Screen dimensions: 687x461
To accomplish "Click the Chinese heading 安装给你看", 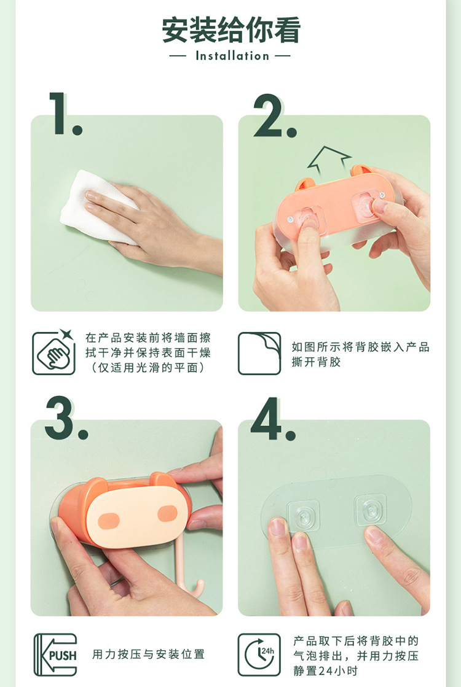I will coord(230,30).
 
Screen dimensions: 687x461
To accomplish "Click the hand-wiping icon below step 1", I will coord(54,353).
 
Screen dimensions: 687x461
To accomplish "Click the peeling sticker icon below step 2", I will coord(259,353).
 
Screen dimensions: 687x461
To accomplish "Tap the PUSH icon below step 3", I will coord(55,654).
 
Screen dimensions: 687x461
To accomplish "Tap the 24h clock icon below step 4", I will coord(259,654).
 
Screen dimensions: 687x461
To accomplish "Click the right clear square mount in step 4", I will coord(371,509).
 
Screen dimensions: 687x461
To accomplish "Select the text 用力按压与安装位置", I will coord(148,654).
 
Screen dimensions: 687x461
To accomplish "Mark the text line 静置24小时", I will coord(325,670).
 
